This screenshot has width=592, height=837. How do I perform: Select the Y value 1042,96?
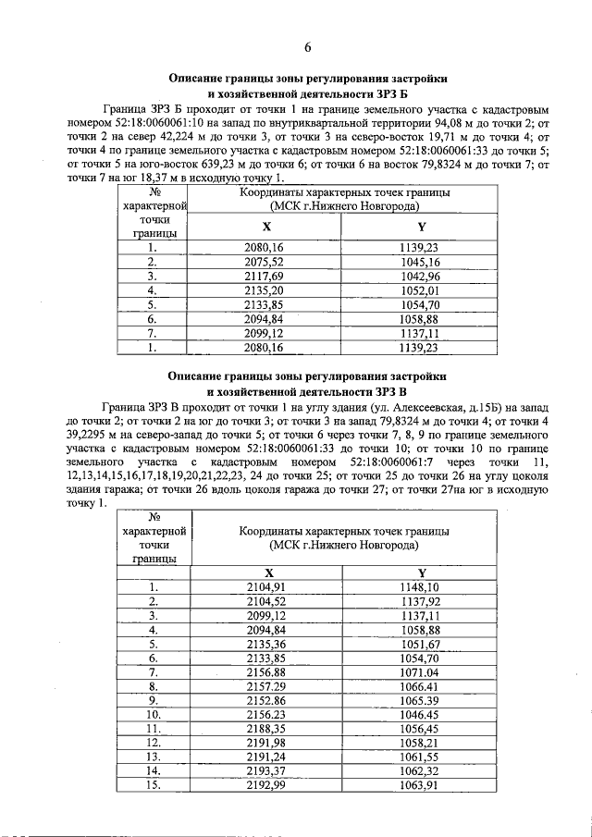(x=420, y=276)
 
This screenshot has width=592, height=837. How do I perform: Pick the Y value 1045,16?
(x=420, y=262)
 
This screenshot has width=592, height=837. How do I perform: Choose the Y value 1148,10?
(x=420, y=587)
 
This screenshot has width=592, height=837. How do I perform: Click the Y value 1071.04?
(x=420, y=672)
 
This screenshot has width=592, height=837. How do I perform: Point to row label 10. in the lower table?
(x=154, y=715)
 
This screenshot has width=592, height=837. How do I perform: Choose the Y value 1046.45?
(x=420, y=715)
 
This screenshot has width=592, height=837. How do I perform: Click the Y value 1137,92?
(x=420, y=601)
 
